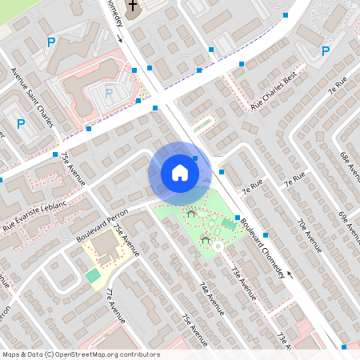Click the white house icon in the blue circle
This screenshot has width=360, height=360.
click(180, 173)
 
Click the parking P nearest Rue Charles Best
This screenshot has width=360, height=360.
click(325, 51)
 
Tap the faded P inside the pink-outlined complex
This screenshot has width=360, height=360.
click(110, 94)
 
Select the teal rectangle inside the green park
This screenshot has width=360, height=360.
click(229, 225)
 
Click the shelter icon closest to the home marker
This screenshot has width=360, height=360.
click(190, 213)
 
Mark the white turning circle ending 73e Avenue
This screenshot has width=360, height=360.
click(218, 247)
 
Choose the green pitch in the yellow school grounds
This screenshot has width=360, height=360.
click(94, 275)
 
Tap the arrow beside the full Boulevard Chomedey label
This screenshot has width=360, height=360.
click(290, 274)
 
